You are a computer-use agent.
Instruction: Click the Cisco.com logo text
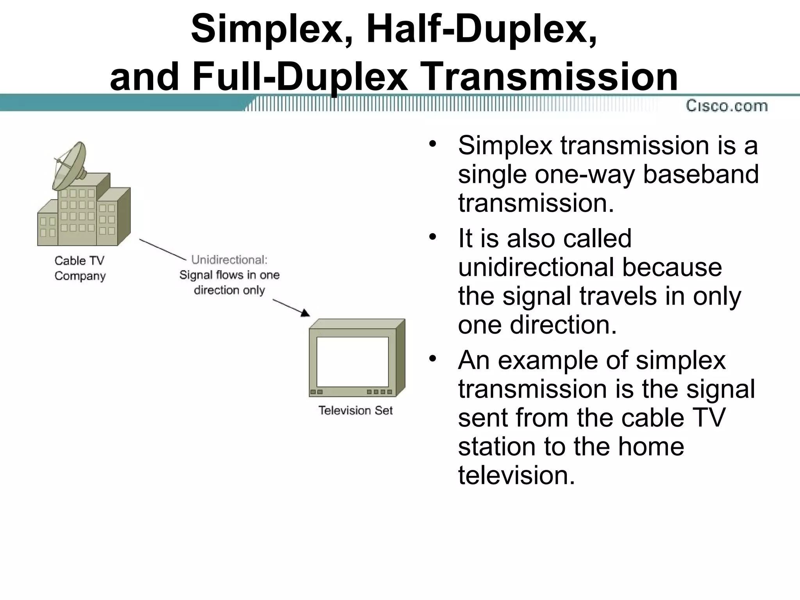tap(727, 106)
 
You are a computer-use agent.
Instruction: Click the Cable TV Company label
tap(80, 268)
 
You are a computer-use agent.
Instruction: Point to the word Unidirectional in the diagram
tap(229, 260)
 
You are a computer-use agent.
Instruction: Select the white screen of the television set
tap(352, 362)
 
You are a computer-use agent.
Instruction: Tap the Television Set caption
tap(355, 411)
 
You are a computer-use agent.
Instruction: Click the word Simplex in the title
tap(267, 29)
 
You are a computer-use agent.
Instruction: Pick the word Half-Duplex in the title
tap(481, 29)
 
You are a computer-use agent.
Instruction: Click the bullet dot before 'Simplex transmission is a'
tap(432, 143)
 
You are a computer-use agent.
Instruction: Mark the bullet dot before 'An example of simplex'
tap(432, 359)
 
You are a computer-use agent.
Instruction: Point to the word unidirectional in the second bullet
tap(536, 268)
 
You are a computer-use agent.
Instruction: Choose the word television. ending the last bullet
tap(516, 475)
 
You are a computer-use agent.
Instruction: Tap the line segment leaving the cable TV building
tap(162, 250)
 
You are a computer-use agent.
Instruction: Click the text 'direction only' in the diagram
tap(229, 290)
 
